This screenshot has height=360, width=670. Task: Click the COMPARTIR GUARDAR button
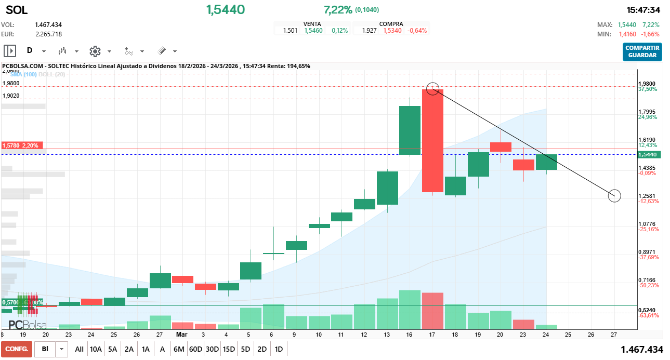642,51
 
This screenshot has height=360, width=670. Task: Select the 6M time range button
179,349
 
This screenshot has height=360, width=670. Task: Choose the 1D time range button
279,349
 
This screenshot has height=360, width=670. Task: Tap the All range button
79,349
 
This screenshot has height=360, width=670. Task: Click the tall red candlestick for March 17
432,140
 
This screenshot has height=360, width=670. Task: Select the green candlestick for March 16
410,130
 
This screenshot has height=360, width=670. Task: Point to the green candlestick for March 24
546,162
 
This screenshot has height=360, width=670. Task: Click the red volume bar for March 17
432,311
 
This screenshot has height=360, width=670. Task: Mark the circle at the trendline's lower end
614,196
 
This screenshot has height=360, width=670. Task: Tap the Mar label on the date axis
181,335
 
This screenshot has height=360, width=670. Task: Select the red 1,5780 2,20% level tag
23,145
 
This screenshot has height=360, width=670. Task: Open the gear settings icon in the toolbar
95,51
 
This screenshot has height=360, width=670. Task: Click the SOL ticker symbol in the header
17,10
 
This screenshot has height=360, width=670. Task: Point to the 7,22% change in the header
338,10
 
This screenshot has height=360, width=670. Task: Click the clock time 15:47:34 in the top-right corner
643,10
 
